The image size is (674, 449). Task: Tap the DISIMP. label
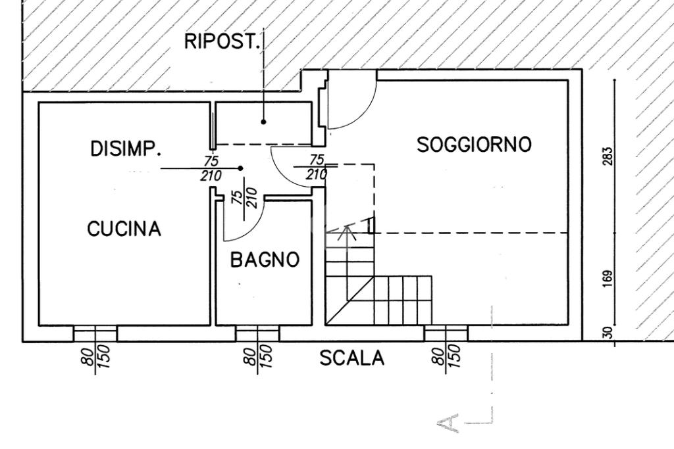[125, 149]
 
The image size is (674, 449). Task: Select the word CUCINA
[124, 229]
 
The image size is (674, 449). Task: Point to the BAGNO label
[265, 260]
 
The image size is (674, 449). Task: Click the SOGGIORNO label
[474, 145]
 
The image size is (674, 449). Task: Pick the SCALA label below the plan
[351, 358]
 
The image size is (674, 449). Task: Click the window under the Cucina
[95, 334]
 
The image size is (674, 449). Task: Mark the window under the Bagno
[257, 334]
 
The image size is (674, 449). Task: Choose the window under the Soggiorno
[446, 334]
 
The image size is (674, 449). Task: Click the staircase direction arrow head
[348, 229]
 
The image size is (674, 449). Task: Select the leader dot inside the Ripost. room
[263, 122]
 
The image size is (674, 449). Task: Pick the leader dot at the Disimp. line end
[241, 168]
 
